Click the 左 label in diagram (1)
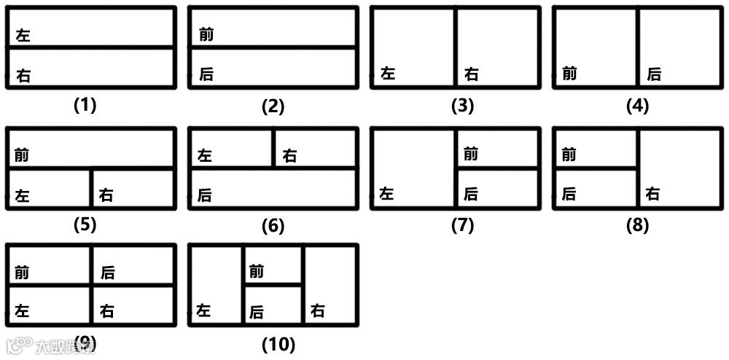pyautogui.click(x=23, y=35)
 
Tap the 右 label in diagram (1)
pyautogui.click(x=23, y=75)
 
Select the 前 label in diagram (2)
pyautogui.click(x=206, y=34)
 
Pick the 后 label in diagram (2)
pyautogui.click(x=206, y=74)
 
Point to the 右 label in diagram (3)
pyautogui.click(x=472, y=74)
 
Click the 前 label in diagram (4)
pyautogui.click(x=569, y=74)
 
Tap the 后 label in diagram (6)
pyautogui.click(x=205, y=195)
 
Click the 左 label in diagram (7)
pyautogui.click(x=387, y=194)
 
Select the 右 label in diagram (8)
pyautogui.click(x=652, y=194)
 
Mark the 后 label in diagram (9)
pyautogui.click(x=107, y=273)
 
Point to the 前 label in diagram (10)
pyautogui.click(x=256, y=272)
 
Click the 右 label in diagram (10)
pyautogui.click(x=317, y=311)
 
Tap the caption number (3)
pyautogui.click(x=462, y=106)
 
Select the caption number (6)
pyautogui.click(x=273, y=226)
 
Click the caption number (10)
pyautogui.click(x=278, y=344)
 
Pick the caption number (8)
pyautogui.click(x=637, y=226)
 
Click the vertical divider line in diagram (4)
pyautogui.click(x=638, y=47)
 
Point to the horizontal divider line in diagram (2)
pyautogui.click(x=273, y=48)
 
